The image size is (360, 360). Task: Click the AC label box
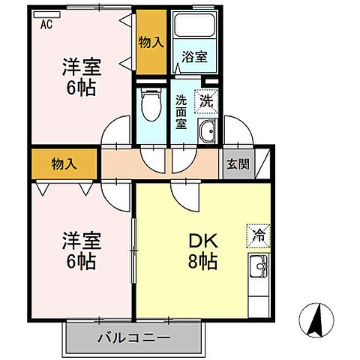click(46, 23)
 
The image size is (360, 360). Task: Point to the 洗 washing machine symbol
click(205, 97)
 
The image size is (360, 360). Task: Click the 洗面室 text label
click(181, 112)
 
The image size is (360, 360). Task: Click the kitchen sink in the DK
click(259, 265)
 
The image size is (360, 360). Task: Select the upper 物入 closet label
click(151, 42)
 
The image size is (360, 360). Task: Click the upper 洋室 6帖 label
click(79, 76)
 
